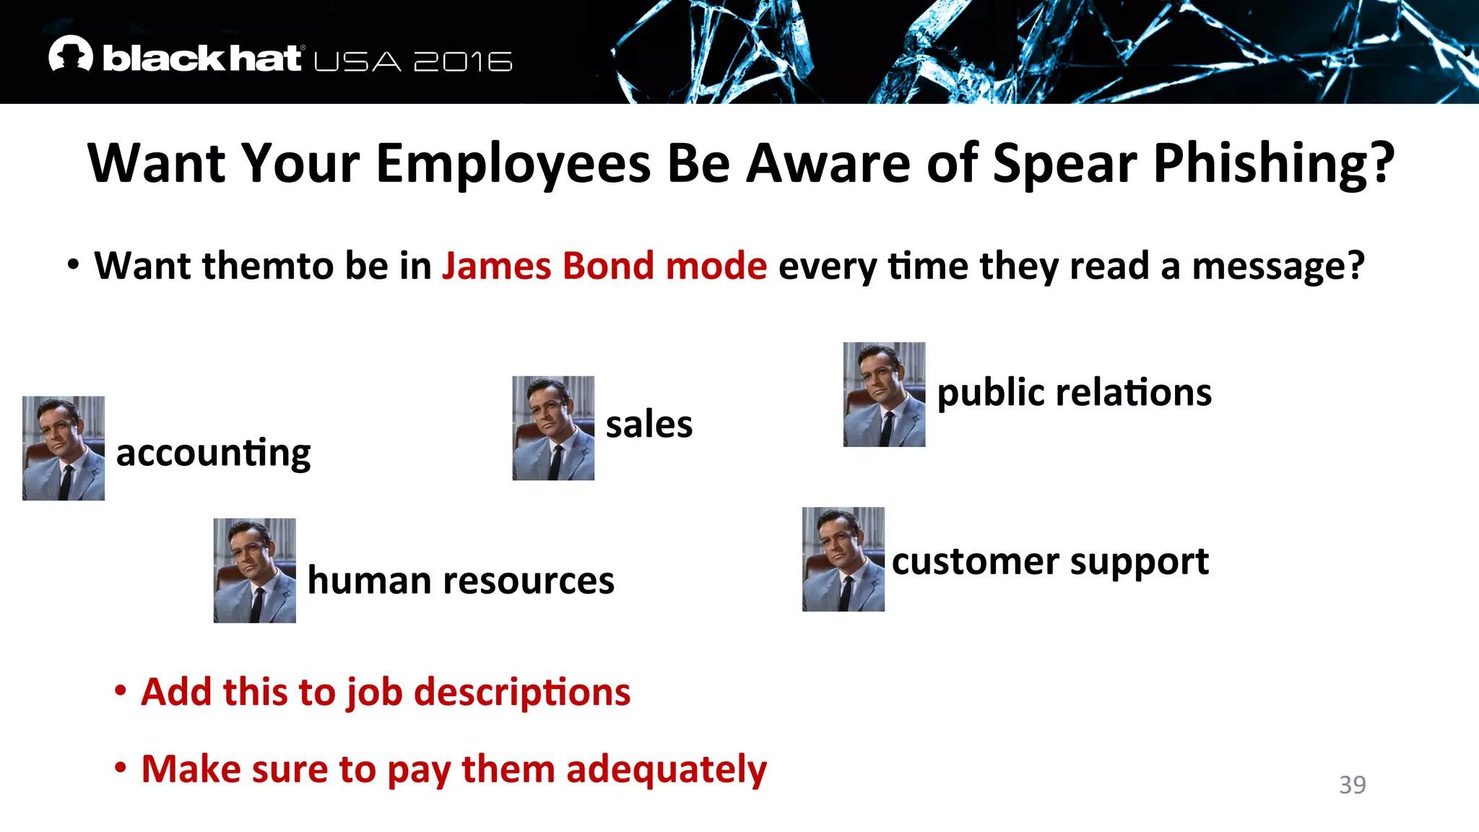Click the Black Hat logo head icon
click(x=70, y=54)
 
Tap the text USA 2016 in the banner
click(x=413, y=62)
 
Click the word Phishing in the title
click(x=1273, y=164)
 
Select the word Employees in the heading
click(x=513, y=164)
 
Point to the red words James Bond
click(x=552, y=266)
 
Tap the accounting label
click(x=213, y=454)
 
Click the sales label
click(x=649, y=424)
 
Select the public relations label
click(x=1074, y=393)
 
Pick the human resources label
click(x=461, y=581)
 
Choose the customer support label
click(x=1050, y=562)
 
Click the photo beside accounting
click(x=64, y=448)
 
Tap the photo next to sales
click(x=553, y=428)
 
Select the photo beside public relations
click(x=884, y=394)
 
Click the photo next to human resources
click(x=254, y=570)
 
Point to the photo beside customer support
click(x=843, y=559)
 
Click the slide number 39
click(x=1352, y=785)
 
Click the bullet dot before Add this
click(x=121, y=691)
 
